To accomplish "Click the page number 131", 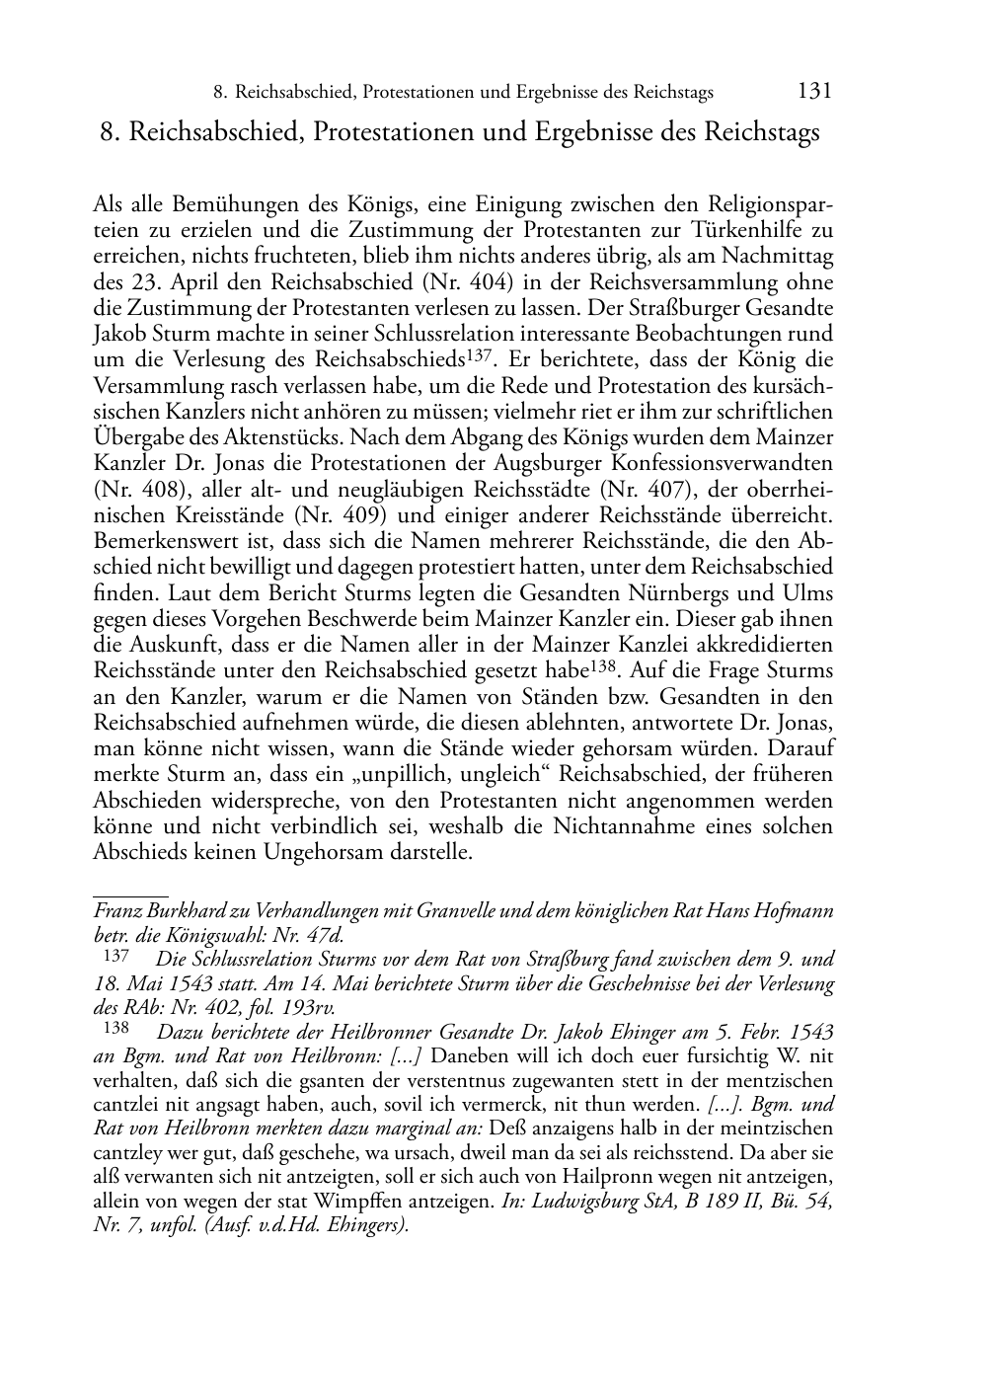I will pos(813,92).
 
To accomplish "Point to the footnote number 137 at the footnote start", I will pos(116,956).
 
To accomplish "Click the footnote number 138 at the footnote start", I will pos(116,1031).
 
